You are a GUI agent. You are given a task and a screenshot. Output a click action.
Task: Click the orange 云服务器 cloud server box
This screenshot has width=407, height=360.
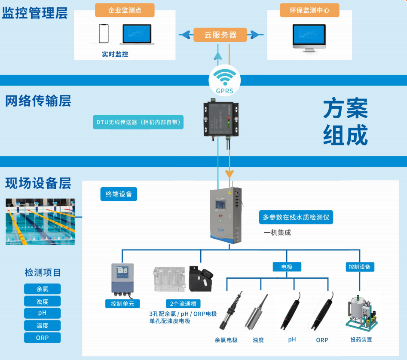(x=220, y=35)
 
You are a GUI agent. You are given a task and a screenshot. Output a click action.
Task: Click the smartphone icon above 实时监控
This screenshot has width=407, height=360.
(x=104, y=34)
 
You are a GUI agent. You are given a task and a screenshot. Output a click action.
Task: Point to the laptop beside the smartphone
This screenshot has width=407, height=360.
(x=137, y=34)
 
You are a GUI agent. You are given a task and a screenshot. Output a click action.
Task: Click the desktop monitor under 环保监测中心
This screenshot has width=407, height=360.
(x=310, y=37)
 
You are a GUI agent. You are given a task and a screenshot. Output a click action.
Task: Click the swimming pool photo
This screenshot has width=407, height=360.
(x=40, y=222)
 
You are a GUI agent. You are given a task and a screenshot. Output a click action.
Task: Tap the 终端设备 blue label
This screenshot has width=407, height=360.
(x=119, y=194)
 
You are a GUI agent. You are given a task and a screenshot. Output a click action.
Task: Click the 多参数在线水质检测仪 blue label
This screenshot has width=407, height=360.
(x=296, y=217)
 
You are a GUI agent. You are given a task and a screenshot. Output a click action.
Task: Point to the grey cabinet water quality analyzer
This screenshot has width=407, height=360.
(x=226, y=215)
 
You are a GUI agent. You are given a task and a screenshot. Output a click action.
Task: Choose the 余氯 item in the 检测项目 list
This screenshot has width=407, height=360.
(x=42, y=289)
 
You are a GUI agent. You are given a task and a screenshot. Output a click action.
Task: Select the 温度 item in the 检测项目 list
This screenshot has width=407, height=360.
(x=42, y=326)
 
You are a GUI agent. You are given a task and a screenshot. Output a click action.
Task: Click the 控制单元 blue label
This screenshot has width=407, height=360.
(x=122, y=304)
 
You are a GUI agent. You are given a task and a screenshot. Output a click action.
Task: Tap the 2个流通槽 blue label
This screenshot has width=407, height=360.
(x=183, y=304)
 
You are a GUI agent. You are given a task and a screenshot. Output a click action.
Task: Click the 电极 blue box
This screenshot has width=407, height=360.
(x=287, y=267)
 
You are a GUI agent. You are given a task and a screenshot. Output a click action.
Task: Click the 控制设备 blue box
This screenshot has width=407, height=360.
(x=360, y=267)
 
